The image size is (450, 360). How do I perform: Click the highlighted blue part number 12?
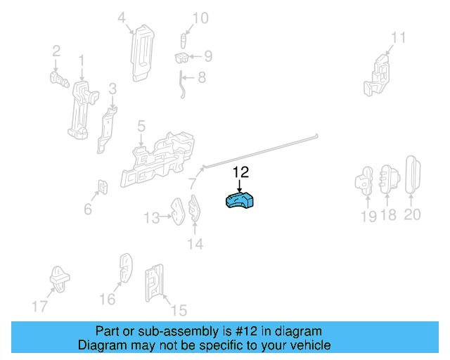(x=240, y=200)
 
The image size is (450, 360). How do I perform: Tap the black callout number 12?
(x=240, y=172)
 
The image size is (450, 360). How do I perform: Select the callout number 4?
(x=122, y=18)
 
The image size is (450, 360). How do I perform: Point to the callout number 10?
(x=200, y=18)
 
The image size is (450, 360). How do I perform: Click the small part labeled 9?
(x=181, y=58)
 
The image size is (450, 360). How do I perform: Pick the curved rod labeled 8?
(x=181, y=84)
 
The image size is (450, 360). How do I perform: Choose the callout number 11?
(x=399, y=37)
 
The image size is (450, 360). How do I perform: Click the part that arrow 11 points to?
(x=377, y=76)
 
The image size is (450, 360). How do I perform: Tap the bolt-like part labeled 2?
(x=59, y=79)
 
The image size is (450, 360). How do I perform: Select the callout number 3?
(x=112, y=89)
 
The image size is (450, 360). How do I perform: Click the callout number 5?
(x=141, y=127)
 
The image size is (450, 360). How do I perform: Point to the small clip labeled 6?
(x=103, y=186)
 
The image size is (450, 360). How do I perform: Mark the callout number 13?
(x=152, y=218)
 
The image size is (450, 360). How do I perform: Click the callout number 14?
(x=195, y=244)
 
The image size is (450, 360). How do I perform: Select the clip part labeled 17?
(x=59, y=279)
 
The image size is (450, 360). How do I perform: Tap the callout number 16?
(x=108, y=299)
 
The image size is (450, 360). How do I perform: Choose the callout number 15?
(x=179, y=310)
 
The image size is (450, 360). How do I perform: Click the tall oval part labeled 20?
(x=413, y=175)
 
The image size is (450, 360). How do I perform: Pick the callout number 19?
(x=368, y=216)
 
